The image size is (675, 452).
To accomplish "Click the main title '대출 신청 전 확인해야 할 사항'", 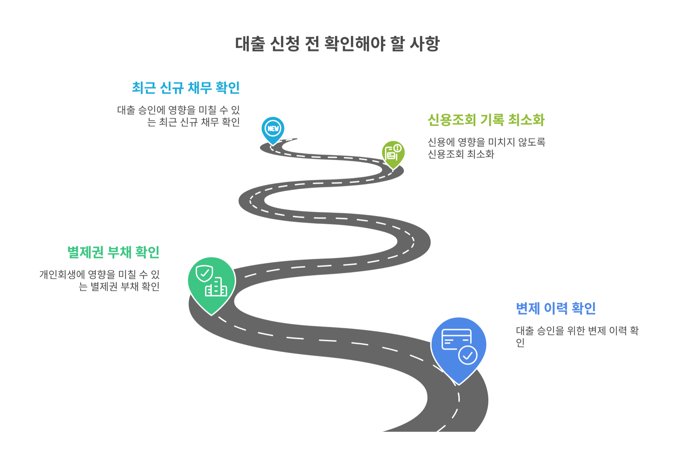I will tap(337, 44).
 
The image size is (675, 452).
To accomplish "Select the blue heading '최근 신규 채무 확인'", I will tap(186, 88).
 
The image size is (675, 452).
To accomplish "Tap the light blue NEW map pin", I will tap(273, 129).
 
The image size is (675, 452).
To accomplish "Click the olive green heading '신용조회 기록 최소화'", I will tap(486, 120).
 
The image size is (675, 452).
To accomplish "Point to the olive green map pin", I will tap(393, 153).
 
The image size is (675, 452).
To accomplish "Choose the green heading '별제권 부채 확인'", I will tap(113, 252).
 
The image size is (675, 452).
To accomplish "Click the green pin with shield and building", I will tap(211, 282).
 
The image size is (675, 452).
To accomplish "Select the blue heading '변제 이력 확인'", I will tap(556, 308).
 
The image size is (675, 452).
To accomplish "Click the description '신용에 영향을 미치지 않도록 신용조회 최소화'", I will tap(486, 148).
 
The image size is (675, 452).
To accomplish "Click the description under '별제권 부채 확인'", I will tap(100, 280).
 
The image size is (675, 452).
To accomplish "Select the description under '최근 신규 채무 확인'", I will tap(178, 116).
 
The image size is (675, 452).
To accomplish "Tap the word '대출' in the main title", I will tap(250, 44).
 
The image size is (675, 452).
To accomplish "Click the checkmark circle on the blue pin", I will tap(468, 355).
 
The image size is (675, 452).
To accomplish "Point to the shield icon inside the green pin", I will tap(204, 273).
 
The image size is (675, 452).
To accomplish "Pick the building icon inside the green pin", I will tap(216, 288).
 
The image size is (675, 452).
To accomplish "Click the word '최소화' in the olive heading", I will tap(526, 120).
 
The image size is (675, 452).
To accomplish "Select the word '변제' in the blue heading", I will tap(528, 308).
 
